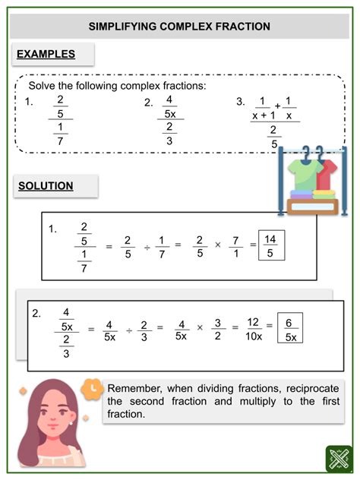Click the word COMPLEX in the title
[x=180, y=27]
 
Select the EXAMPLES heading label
[x=46, y=55]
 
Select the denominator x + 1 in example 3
[x=266, y=115]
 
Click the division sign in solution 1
[x=147, y=245]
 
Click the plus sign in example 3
[x=279, y=106]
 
